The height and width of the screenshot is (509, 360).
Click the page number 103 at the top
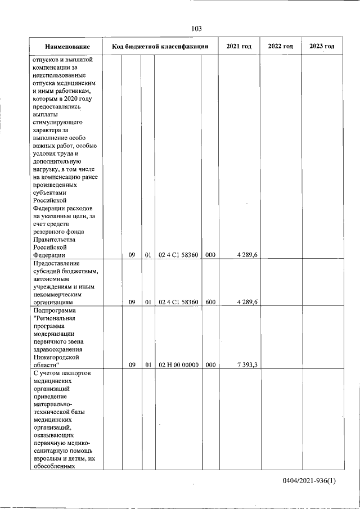[x=196, y=29]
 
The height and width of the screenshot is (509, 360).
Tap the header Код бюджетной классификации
[x=160, y=46]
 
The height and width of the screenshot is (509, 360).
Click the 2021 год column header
[x=239, y=46]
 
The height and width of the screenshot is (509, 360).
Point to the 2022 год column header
[x=280, y=46]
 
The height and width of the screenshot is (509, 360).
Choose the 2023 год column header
[x=322, y=46]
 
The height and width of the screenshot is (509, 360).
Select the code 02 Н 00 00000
[x=178, y=364]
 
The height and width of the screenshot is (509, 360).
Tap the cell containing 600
[x=210, y=302]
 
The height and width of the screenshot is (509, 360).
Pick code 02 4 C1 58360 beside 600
[x=178, y=302]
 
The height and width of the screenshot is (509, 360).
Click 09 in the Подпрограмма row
[x=132, y=364]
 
